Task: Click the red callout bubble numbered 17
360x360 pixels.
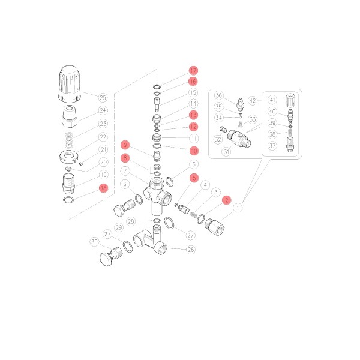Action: click(x=193, y=70)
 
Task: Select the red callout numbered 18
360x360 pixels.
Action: click(x=104, y=188)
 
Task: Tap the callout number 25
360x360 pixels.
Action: click(x=103, y=98)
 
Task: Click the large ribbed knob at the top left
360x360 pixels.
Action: click(x=70, y=84)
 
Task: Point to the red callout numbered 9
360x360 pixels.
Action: click(x=125, y=145)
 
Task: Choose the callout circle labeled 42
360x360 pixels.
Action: click(x=253, y=101)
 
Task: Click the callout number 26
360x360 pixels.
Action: click(x=191, y=250)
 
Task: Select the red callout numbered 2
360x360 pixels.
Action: click(x=227, y=200)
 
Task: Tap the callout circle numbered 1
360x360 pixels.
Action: click(x=238, y=208)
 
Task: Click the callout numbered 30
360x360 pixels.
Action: click(x=94, y=242)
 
